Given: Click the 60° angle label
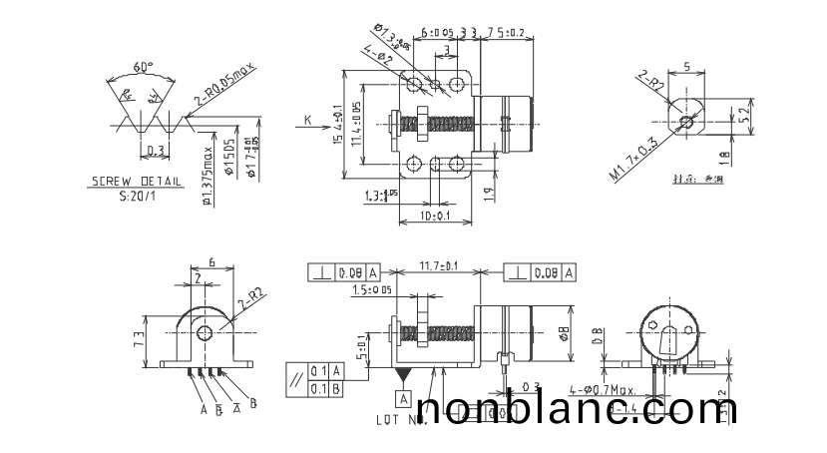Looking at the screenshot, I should point(144,67).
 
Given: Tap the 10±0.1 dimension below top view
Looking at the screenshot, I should point(435,216).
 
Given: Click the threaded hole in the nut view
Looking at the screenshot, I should point(683,124).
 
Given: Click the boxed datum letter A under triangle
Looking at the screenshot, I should point(404,398).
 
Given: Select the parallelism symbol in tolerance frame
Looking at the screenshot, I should point(296,379).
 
